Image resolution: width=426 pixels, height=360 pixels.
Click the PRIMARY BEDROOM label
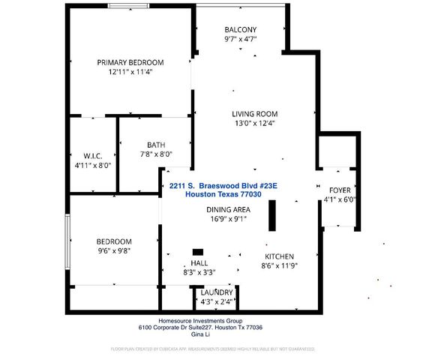pos(130,62)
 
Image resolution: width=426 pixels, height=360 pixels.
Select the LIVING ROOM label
pos(260,114)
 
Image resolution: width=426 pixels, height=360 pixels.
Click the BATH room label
pos(156,145)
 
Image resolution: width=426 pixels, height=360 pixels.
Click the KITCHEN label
pos(278,256)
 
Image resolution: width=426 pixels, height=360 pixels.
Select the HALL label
pos(199,263)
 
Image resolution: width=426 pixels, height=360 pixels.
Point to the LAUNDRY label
pos(216,292)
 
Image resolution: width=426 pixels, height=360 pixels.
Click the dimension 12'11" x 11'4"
pos(130,73)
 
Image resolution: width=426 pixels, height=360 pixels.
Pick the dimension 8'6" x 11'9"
pos(278,265)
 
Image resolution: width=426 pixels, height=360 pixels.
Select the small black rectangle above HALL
pos(198,252)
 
